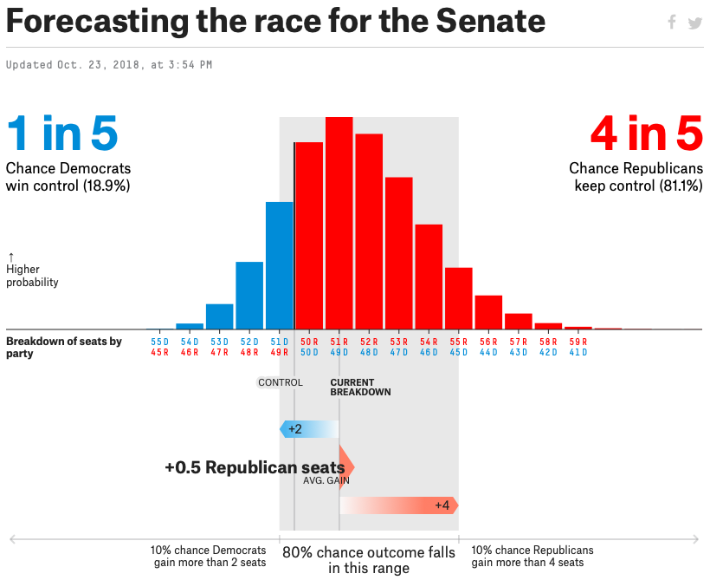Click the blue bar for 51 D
tap(280, 265)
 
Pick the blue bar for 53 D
tap(219, 316)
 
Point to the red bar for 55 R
tap(459, 298)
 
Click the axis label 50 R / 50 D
tap(309, 347)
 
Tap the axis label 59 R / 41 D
tap(578, 347)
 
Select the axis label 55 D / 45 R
tap(159, 347)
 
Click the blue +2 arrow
tap(309, 429)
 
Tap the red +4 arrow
tap(399, 505)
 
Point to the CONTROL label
tap(281, 382)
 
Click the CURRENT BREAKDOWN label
tap(360, 388)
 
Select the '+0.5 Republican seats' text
tap(255, 467)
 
